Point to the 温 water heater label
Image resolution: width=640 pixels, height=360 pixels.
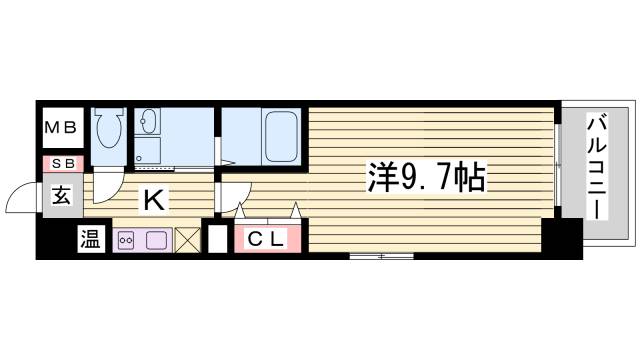tap(90, 240)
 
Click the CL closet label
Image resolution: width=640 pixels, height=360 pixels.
tap(267, 239)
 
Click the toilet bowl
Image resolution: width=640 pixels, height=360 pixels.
tap(107, 128)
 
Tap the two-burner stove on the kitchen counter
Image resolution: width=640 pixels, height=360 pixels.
tap(128, 240)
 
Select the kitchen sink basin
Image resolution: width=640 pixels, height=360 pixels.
tap(157, 240)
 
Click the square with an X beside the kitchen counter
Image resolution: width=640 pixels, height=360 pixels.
tap(187, 240)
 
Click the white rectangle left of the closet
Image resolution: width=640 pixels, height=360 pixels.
tap(216, 240)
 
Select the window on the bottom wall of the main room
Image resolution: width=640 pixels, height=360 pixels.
tap(381, 257)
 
